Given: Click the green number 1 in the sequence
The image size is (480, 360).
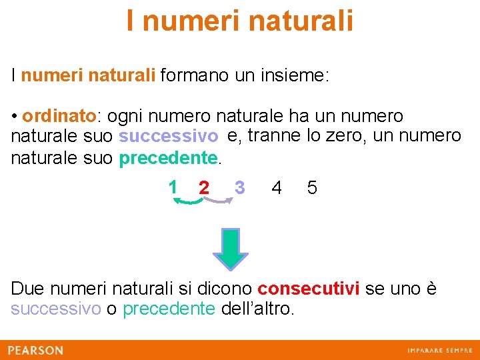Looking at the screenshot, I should (173, 187).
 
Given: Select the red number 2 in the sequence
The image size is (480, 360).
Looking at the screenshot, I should (204, 188).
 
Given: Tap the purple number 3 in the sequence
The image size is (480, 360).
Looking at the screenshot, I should (240, 187).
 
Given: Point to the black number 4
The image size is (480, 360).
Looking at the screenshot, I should (277, 188).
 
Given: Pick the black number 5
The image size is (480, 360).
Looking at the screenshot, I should (312, 188).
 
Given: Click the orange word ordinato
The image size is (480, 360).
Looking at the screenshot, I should (59, 116).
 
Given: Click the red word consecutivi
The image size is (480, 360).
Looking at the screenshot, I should (309, 289).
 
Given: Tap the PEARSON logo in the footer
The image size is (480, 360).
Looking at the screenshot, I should (36, 350).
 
